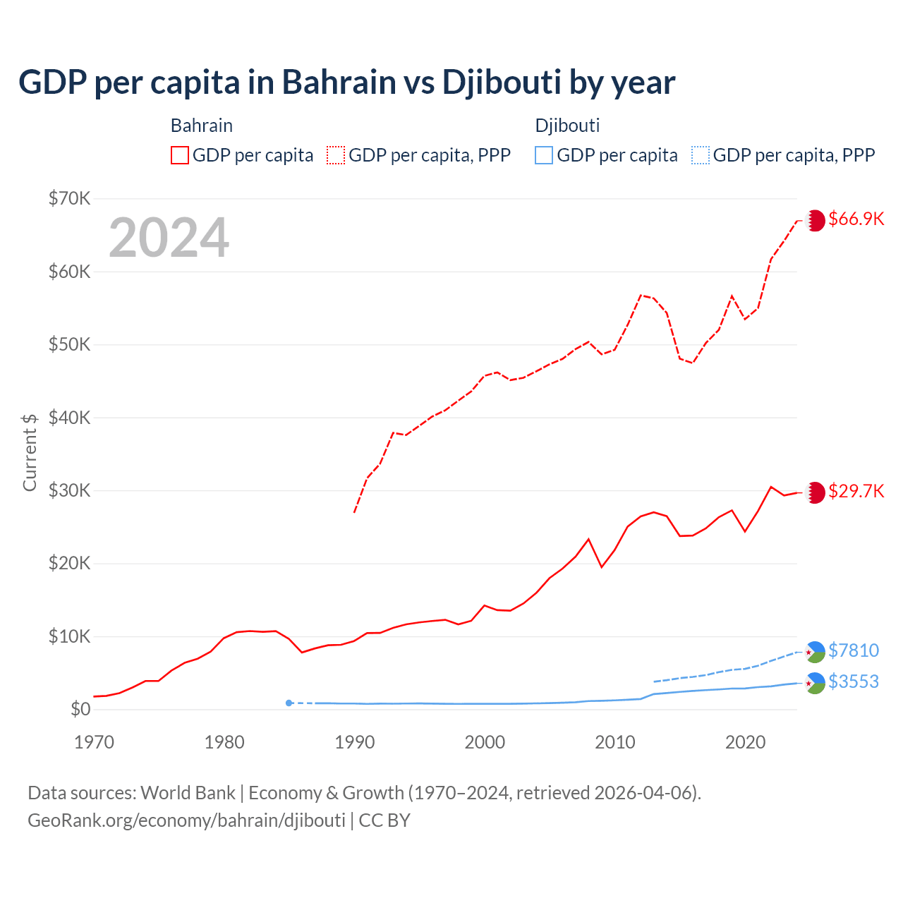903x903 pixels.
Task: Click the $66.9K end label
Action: [x=856, y=219]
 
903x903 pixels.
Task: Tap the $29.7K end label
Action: [x=856, y=491]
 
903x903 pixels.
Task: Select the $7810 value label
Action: [x=854, y=650]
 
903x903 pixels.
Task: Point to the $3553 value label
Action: [x=854, y=681]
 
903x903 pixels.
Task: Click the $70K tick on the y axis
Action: [x=69, y=198]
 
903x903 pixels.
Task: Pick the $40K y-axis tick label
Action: [x=69, y=418]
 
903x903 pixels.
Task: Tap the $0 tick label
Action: [x=80, y=709]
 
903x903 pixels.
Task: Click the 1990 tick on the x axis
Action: [x=355, y=742]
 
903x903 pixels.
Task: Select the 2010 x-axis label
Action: [x=615, y=742]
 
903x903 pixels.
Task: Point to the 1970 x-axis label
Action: [x=95, y=742]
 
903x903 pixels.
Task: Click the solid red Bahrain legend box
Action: [x=180, y=155]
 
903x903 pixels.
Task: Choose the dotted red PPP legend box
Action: [x=336, y=155]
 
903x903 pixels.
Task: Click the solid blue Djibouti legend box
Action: [x=544, y=155]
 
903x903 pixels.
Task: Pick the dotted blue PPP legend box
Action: [x=701, y=155]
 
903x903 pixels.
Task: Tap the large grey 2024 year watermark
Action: [x=169, y=238]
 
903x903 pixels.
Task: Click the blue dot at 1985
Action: [x=289, y=703]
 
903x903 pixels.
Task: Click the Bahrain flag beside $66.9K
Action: [x=816, y=220]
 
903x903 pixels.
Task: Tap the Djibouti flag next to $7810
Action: [x=816, y=652]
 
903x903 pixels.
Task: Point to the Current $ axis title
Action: [x=30, y=452]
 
